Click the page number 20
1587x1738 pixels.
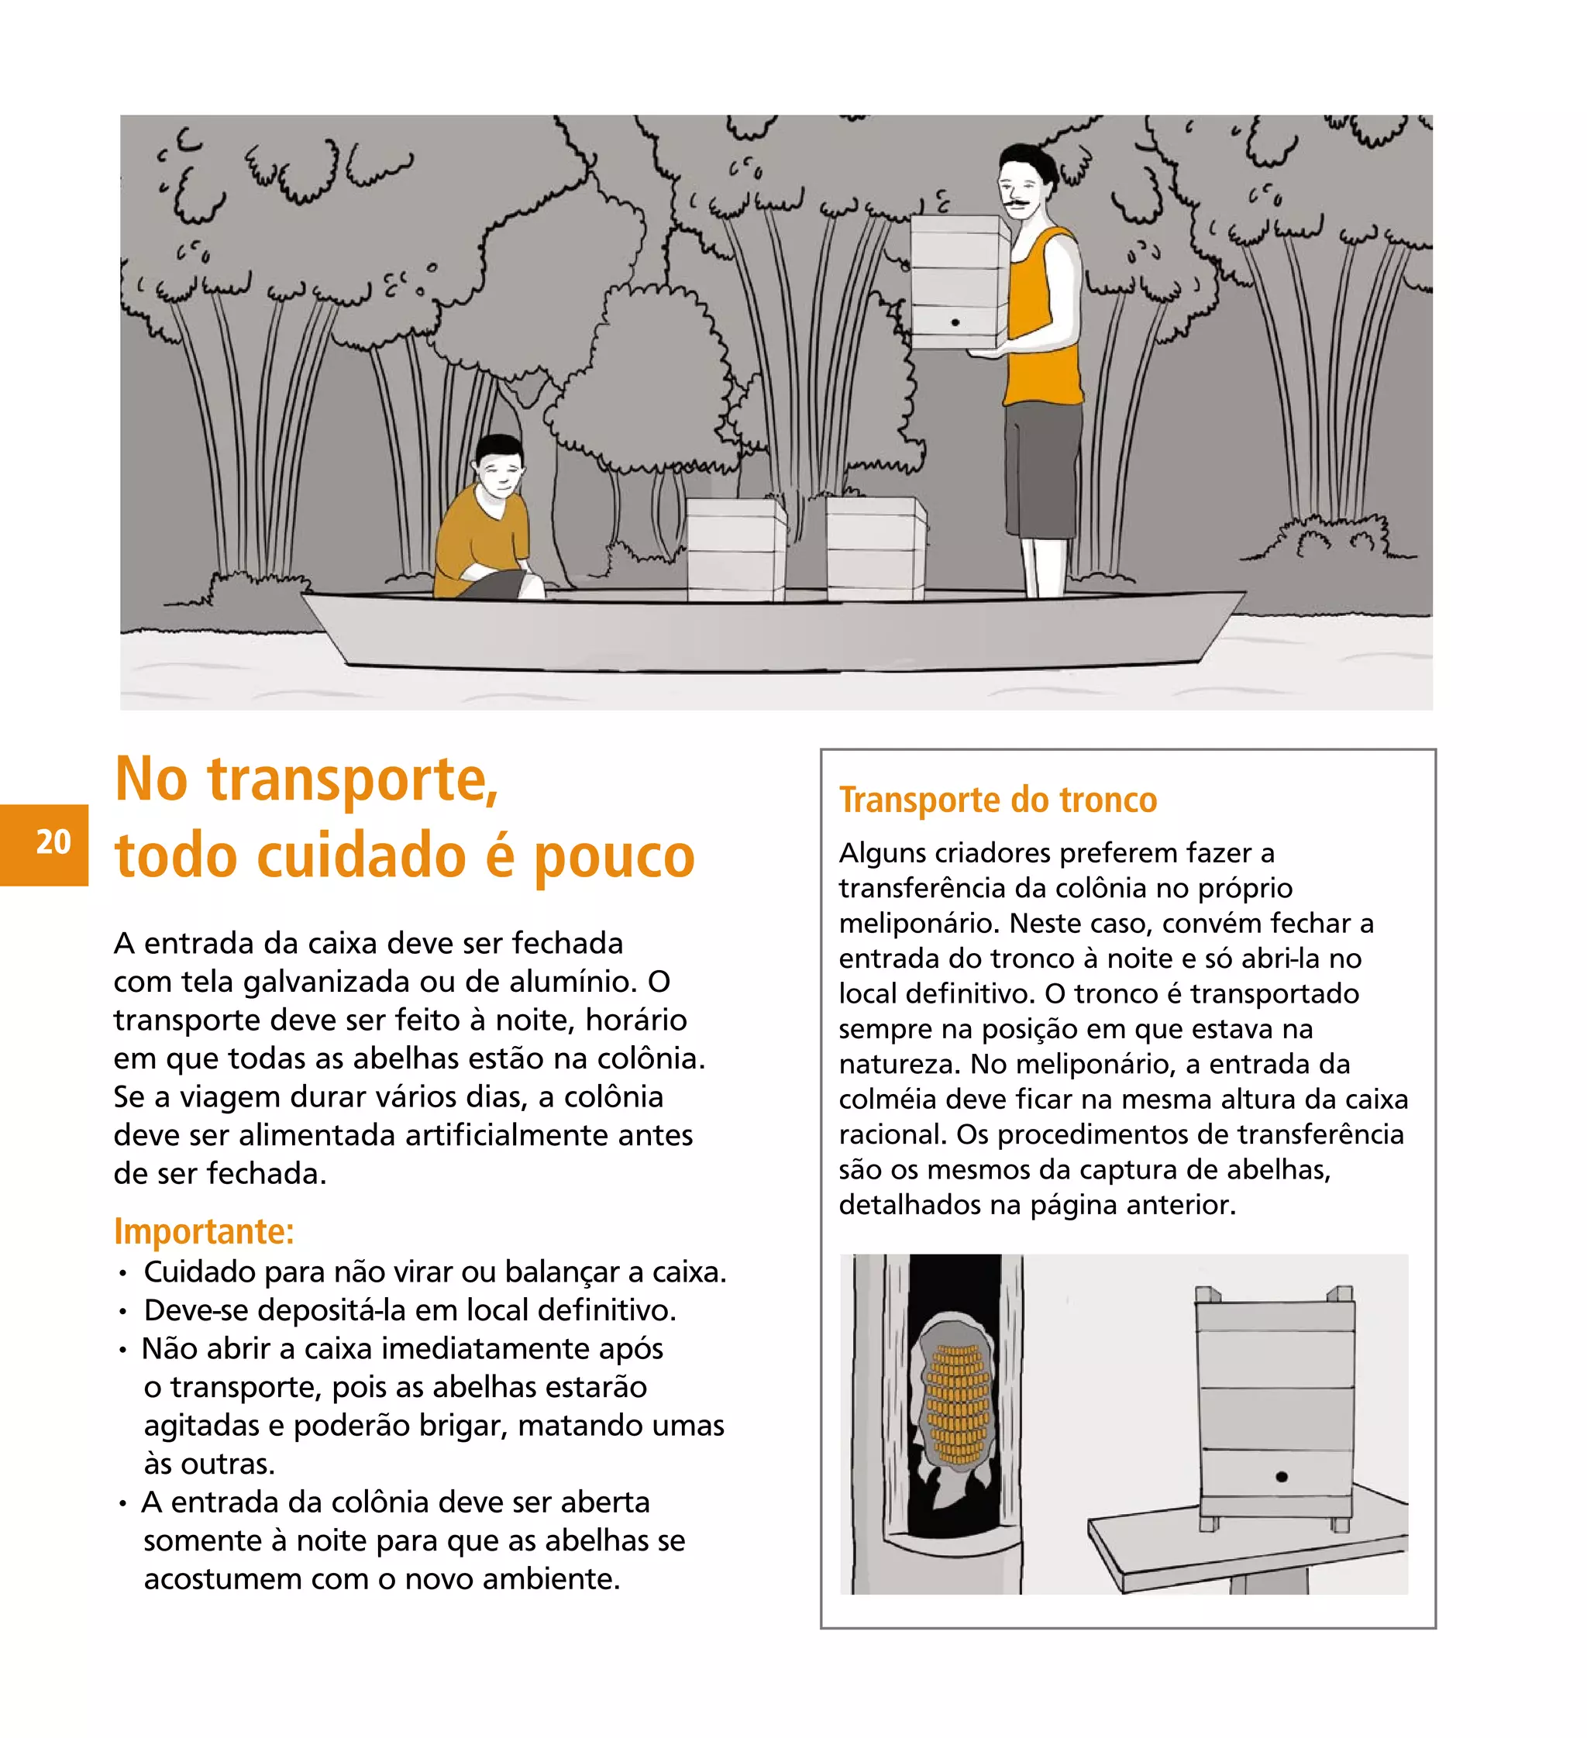[x=53, y=841]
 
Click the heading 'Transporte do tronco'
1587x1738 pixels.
[x=997, y=800]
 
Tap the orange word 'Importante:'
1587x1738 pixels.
[x=204, y=1231]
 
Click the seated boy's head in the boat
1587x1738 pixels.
[x=499, y=466]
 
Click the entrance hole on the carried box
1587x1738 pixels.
[x=955, y=322]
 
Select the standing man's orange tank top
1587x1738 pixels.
[x=1044, y=315]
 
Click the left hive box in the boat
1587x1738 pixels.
[x=736, y=549]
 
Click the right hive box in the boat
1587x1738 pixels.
[x=876, y=549]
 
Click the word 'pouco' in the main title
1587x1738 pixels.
[x=614, y=857]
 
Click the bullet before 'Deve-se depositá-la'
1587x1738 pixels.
[x=124, y=1312]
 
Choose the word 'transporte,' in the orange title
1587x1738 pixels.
[x=353, y=780]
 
